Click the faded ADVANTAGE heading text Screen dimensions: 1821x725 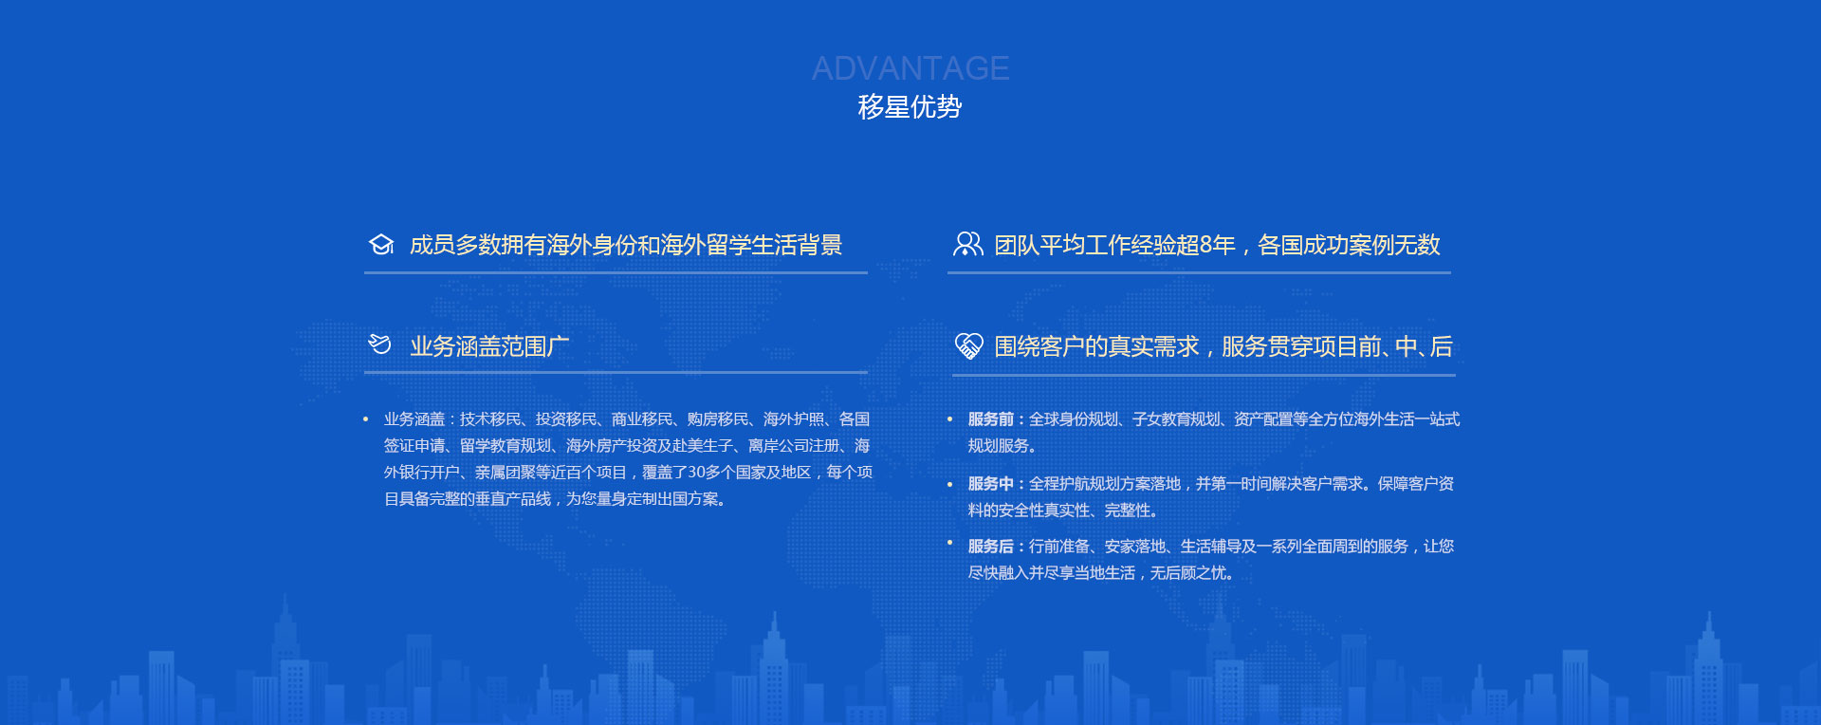[x=910, y=68]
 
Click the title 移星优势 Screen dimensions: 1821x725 [x=910, y=106]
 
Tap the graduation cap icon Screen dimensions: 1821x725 [x=381, y=245]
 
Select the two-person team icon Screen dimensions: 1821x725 [x=967, y=244]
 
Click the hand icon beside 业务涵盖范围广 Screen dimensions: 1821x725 [x=379, y=344]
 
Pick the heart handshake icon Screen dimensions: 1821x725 [x=968, y=345]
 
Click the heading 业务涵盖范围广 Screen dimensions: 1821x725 [x=489, y=346]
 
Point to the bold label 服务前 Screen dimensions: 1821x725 [x=991, y=419]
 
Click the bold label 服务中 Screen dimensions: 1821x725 [x=991, y=484]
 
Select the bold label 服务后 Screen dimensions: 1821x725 [x=991, y=547]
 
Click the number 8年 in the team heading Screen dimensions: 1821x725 [x=1217, y=245]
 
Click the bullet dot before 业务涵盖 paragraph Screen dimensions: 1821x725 [x=366, y=419]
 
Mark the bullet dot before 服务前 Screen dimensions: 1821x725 [x=949, y=419]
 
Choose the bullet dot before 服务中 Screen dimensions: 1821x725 [x=949, y=484]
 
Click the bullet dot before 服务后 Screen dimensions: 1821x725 [x=949, y=543]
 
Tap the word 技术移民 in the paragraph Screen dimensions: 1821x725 [x=490, y=419]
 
